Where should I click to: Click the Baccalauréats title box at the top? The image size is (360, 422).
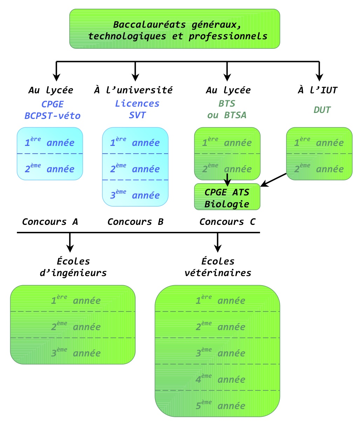tap(175, 29)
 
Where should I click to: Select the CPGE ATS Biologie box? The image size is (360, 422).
tap(227, 197)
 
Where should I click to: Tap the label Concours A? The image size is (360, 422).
tap(50, 222)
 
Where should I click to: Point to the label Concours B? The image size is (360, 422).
tap(135, 222)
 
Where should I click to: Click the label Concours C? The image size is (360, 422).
tap(227, 222)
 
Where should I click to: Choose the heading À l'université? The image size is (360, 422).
tap(133, 90)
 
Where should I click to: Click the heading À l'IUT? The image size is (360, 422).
tap(318, 90)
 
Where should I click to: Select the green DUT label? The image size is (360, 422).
tap(321, 110)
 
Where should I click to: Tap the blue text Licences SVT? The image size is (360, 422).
tap(137, 109)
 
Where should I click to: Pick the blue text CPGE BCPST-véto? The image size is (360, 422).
tap(53, 110)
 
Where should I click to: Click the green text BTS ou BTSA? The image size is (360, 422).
tap(227, 109)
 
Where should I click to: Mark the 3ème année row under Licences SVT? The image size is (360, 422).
tap(135, 195)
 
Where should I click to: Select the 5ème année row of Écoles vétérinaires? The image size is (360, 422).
tap(217, 405)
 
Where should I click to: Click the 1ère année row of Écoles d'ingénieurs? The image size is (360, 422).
tap(73, 300)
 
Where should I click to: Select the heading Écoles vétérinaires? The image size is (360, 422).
tap(218, 267)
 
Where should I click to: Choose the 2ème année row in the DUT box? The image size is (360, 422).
tap(319, 168)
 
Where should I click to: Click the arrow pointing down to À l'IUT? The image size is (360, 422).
tap(319, 72)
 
